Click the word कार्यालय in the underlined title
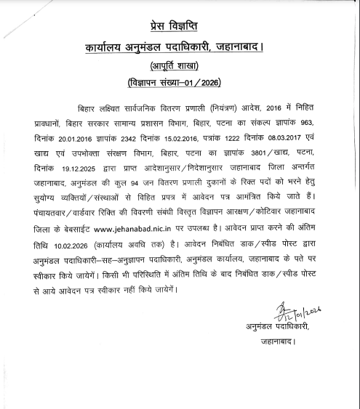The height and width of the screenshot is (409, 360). point(107,49)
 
